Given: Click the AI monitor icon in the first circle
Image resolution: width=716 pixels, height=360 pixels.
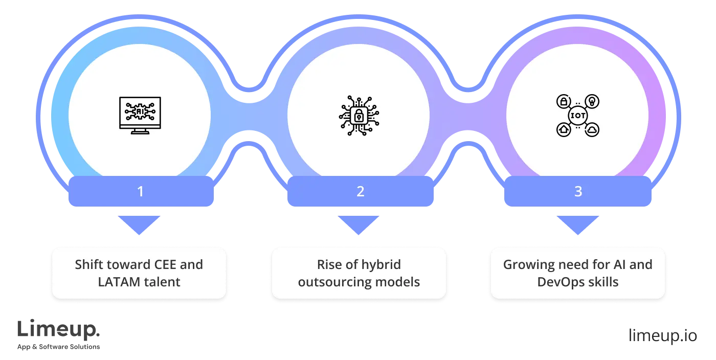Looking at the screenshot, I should [140, 114].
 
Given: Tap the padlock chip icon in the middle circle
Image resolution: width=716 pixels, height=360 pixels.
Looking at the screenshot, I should [359, 116].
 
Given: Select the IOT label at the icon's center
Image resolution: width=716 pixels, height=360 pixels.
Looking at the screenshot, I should [578, 116].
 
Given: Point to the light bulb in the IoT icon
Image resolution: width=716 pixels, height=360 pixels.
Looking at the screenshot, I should [592, 101].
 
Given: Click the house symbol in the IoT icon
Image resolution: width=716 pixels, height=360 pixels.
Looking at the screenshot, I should [564, 130].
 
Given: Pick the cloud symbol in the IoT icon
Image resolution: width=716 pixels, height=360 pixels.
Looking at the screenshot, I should [592, 130].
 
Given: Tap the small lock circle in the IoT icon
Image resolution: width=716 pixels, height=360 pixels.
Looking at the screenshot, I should [564, 101].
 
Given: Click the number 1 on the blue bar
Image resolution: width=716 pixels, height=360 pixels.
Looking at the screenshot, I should [140, 192].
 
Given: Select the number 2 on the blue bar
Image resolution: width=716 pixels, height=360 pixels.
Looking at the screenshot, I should [361, 192].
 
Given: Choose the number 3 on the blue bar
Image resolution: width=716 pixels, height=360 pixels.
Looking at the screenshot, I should [578, 192].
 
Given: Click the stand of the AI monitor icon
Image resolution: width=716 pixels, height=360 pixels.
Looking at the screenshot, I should [140, 132].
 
